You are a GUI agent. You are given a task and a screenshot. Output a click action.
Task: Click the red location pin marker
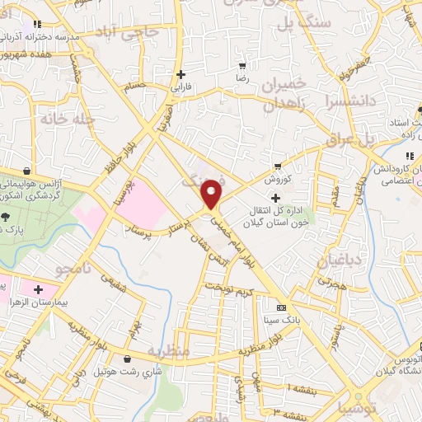point(212,194)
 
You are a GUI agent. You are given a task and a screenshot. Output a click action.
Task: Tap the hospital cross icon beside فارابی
point(181,74)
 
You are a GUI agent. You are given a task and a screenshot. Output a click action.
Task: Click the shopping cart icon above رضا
point(241,65)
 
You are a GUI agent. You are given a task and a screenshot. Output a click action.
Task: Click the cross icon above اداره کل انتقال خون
point(275,199)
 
